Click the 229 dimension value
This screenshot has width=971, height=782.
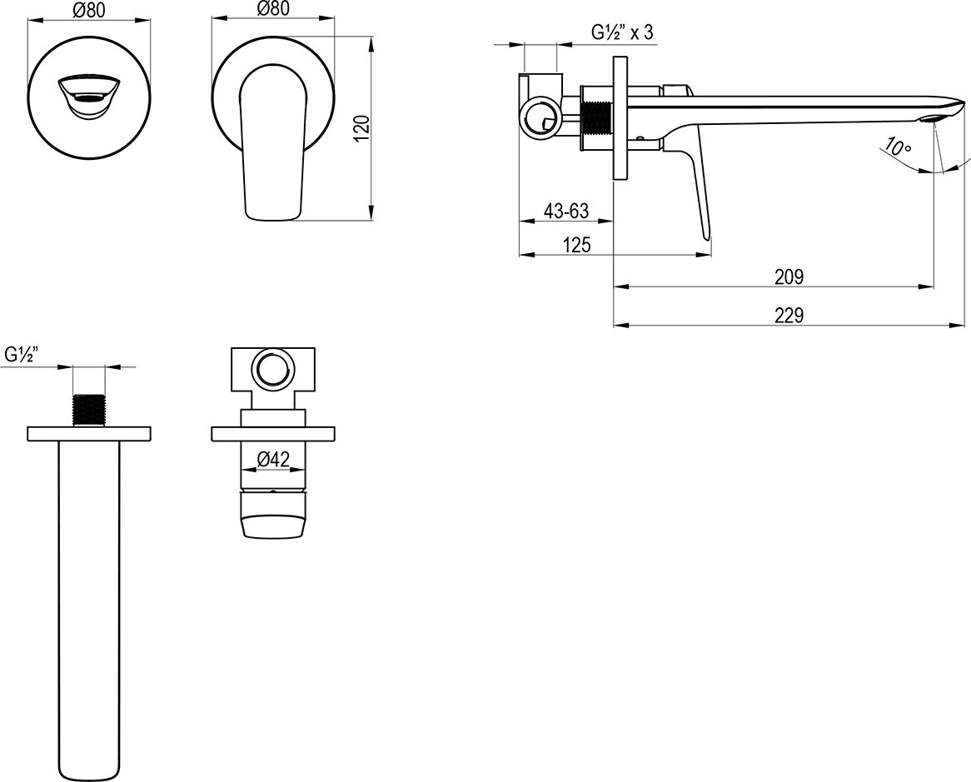pyautogui.click(x=788, y=316)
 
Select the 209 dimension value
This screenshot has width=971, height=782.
pyautogui.click(x=788, y=277)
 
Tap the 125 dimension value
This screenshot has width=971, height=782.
pyautogui.click(x=576, y=245)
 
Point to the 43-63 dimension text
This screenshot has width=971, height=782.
pyautogui.click(x=566, y=212)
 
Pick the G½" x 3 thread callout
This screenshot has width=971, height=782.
pyautogui.click(x=622, y=33)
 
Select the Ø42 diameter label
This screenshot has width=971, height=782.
pyautogui.click(x=272, y=458)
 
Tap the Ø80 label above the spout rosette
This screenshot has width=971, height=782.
pyautogui.click(x=89, y=10)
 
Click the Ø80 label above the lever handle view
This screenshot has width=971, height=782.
pyautogui.click(x=273, y=10)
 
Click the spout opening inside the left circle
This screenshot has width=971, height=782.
pyautogui.click(x=88, y=97)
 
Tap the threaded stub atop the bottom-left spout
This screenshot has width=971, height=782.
pyautogui.click(x=89, y=409)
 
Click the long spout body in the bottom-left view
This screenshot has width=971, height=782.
pyautogui.click(x=89, y=600)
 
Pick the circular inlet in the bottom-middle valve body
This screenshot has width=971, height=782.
pyautogui.click(x=272, y=367)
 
